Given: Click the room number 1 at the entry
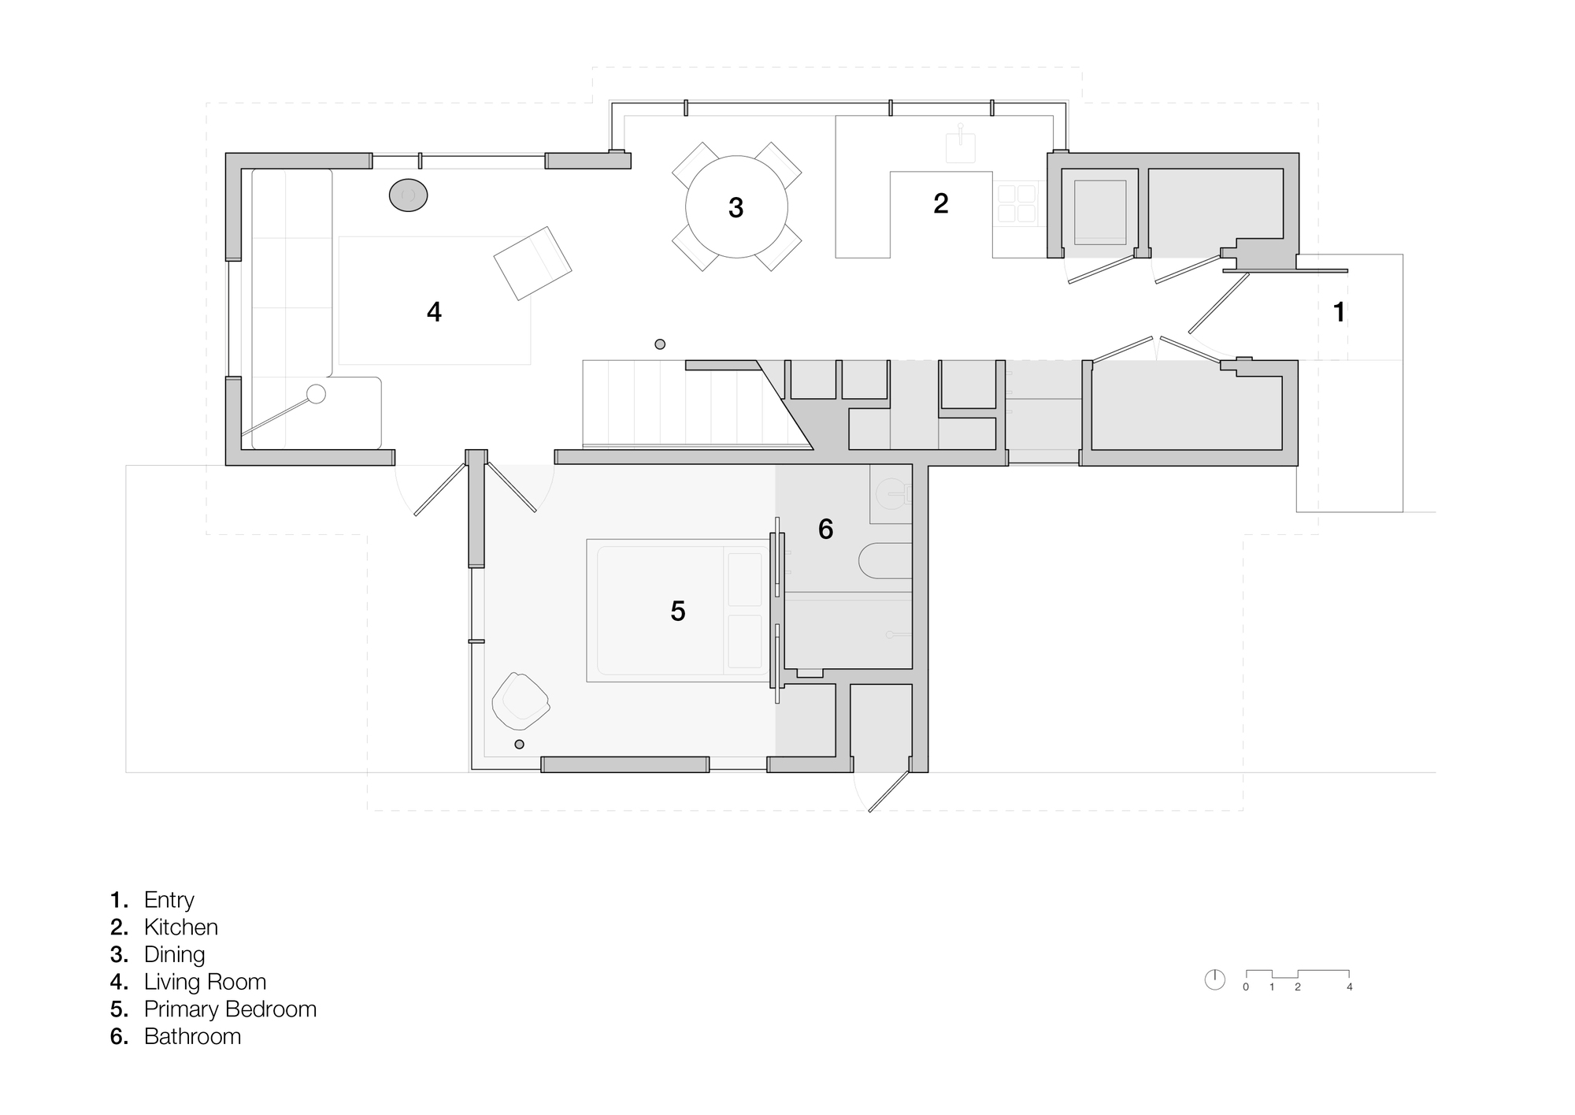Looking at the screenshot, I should (x=1339, y=312).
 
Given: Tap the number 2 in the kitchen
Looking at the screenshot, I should (x=940, y=203).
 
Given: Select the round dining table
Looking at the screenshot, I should (x=736, y=207).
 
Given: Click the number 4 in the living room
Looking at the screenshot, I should (x=434, y=312).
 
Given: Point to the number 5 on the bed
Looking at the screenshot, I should (x=678, y=611).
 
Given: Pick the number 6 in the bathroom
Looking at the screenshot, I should (x=825, y=529).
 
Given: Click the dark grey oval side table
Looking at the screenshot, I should (x=408, y=195).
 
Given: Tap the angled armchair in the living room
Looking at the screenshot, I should (x=532, y=262).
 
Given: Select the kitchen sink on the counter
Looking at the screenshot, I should (x=960, y=147).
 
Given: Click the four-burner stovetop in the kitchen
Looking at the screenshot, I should (x=1016, y=203).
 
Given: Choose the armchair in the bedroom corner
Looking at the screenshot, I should (x=520, y=700).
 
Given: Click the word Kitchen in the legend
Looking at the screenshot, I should (x=181, y=927).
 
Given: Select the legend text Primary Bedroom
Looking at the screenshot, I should (x=230, y=1009).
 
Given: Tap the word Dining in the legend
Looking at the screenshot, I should (x=174, y=954).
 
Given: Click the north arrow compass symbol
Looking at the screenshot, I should (x=1215, y=979).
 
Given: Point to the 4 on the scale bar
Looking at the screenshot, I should (x=1350, y=987).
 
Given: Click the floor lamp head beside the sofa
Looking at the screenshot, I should (x=316, y=394).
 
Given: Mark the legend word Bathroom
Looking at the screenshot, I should (x=192, y=1036).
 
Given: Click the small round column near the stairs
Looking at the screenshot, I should (x=660, y=344).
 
